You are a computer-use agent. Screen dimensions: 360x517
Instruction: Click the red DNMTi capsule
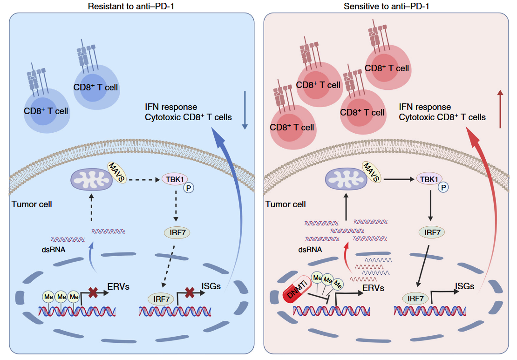click(296, 294)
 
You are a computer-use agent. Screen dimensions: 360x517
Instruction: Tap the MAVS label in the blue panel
click(116, 172)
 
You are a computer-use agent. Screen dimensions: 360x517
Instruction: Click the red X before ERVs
click(94, 293)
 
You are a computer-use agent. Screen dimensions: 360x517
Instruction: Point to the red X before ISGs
click(189, 293)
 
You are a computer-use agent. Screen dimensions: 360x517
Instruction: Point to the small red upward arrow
click(500, 109)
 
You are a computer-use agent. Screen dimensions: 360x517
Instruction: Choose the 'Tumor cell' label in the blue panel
click(32, 204)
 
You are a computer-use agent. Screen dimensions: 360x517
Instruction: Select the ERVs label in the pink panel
click(373, 288)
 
